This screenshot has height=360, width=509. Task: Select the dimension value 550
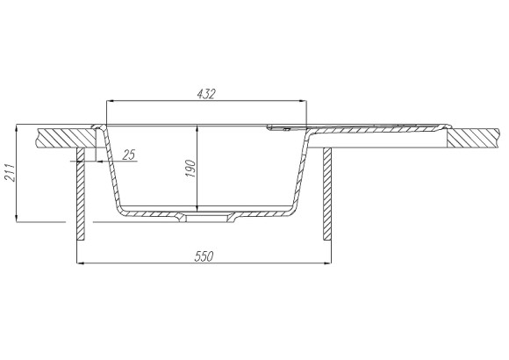[203, 256]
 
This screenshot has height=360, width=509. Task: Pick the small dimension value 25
[130, 155]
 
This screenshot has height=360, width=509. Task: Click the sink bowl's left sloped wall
[113, 171]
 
